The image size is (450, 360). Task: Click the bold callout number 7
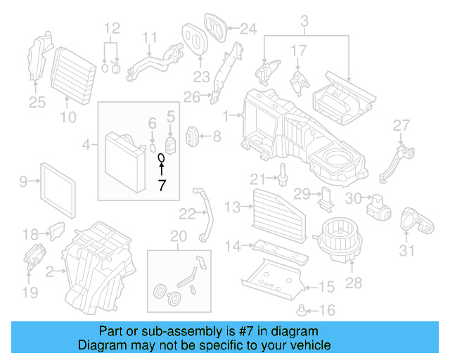point(162,186)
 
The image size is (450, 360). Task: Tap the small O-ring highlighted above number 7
point(161,157)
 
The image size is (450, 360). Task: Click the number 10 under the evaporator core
point(67,117)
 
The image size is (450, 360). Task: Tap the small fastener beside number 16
point(302,309)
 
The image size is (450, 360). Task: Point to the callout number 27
point(401,125)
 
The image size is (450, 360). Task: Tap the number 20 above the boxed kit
point(179,236)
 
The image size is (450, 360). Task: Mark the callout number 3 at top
point(304,26)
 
